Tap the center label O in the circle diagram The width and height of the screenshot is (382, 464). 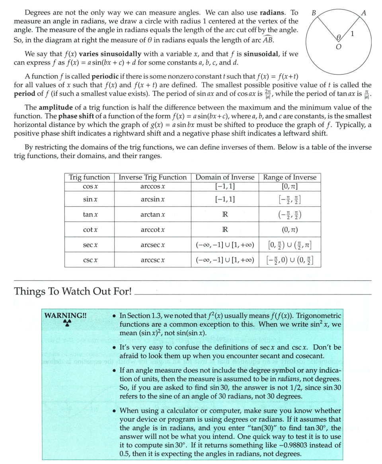click(338, 47)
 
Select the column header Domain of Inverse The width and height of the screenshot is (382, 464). click(225, 177)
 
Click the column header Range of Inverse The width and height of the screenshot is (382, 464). click(290, 177)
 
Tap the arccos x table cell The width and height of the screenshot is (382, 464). click(153, 186)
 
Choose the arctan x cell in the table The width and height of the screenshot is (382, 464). click(153, 214)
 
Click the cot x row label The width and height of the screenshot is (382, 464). click(90, 230)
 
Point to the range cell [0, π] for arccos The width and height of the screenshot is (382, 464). click(290, 186)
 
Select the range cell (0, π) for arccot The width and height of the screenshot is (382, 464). click(290, 230)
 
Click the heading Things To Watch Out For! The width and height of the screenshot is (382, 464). click(73, 291)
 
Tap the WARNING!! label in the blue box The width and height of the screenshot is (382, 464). click(66, 315)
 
